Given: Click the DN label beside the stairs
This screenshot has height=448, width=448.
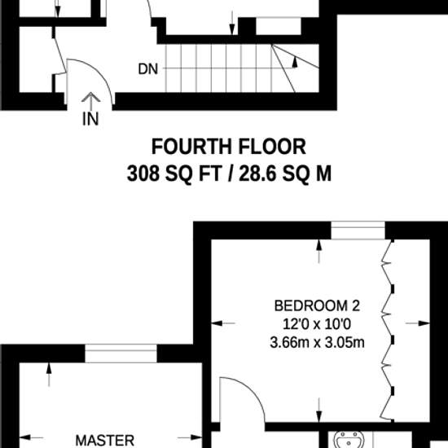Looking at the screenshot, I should pyautogui.click(x=147, y=69).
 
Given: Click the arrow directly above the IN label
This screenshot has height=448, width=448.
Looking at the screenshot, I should pyautogui.click(x=90, y=100).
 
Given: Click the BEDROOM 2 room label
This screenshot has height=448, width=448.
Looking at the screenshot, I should pyautogui.click(x=317, y=306).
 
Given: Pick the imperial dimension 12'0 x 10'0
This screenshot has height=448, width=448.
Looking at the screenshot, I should pyautogui.click(x=317, y=324).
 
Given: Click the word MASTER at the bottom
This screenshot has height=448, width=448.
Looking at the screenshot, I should pyautogui.click(x=105, y=440).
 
